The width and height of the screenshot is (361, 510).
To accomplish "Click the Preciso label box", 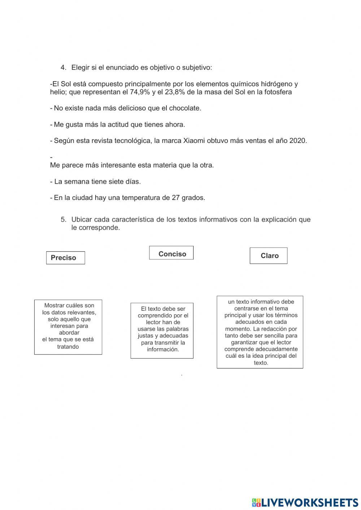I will pos(65,258).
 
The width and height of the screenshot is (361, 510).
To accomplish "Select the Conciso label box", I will pos(171,253).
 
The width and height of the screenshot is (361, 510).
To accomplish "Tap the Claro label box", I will pos(269,256).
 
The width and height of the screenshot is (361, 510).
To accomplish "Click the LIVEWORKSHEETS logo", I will pos(305,502).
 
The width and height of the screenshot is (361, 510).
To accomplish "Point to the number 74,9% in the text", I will pos(140,92).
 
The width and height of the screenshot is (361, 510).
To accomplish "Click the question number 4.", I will pos(64,67).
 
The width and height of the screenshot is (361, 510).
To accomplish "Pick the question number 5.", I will pos(64,219).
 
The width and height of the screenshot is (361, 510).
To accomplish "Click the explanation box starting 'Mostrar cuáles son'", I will pos(68,327).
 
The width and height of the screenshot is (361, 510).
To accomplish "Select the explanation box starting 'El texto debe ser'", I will pos(162,330).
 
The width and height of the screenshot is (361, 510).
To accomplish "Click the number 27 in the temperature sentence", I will pos(176,198).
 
